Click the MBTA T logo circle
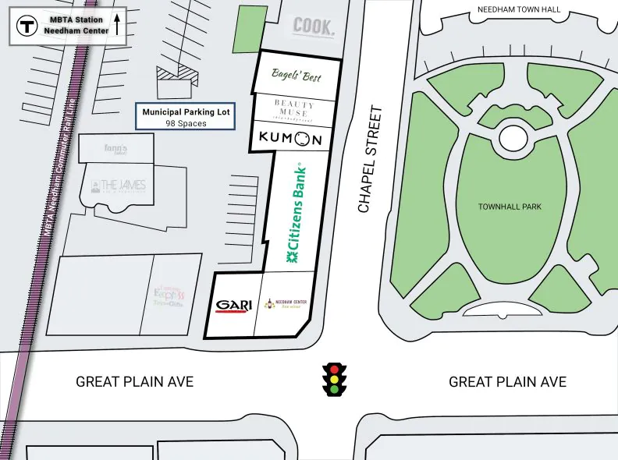click(x=28, y=25)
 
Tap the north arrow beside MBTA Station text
click(x=116, y=23)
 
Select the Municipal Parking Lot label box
click(x=186, y=118)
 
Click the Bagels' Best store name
click(x=296, y=75)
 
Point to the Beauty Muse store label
click(x=294, y=108)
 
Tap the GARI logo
click(x=234, y=306)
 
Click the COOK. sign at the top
click(x=314, y=27)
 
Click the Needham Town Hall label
click(x=520, y=9)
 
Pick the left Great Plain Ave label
click(x=134, y=382)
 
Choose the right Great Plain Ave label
click(x=507, y=382)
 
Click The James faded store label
click(x=118, y=186)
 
